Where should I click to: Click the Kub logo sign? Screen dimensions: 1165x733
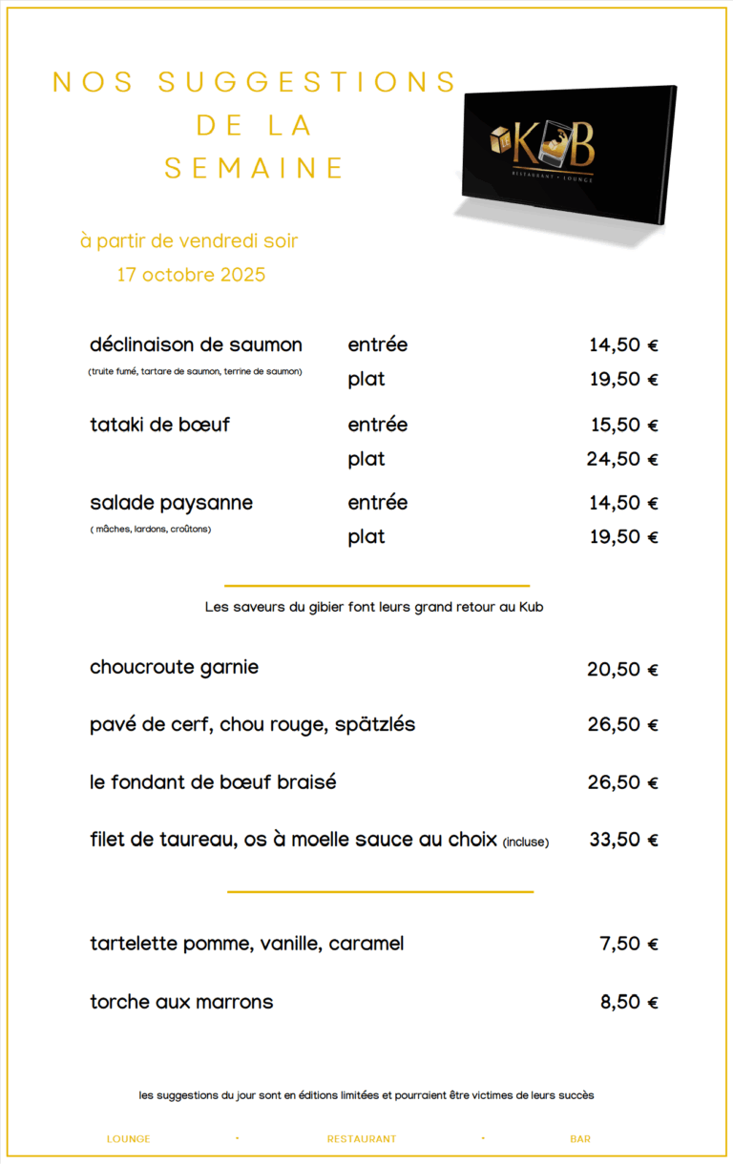(569, 153)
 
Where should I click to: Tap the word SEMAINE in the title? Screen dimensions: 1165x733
(254, 168)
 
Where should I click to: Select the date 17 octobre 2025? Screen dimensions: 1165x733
(191, 275)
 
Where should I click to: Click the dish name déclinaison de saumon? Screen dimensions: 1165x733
(196, 344)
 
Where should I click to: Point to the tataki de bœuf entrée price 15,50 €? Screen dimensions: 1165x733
(623, 425)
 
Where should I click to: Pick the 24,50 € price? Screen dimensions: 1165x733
(622, 459)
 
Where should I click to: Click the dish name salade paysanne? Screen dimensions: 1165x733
(172, 503)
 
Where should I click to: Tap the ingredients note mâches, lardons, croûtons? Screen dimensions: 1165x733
(151, 529)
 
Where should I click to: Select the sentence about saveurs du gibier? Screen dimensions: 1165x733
(374, 606)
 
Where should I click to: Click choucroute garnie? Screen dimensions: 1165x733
(174, 667)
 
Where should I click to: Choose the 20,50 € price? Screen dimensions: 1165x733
(622, 670)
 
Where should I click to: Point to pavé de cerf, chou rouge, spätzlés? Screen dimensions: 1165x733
(252, 724)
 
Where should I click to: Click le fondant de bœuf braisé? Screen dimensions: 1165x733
(213, 782)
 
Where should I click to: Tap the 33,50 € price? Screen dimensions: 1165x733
(623, 841)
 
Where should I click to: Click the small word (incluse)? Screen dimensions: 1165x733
(526, 842)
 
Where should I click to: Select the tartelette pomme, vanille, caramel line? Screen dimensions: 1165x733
(246, 944)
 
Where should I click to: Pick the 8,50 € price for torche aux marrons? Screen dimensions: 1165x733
(629, 1003)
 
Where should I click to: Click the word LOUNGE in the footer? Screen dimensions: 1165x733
(129, 1138)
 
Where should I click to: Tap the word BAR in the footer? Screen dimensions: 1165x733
(580, 1138)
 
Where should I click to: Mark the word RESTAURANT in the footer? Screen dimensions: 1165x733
(362, 1138)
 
